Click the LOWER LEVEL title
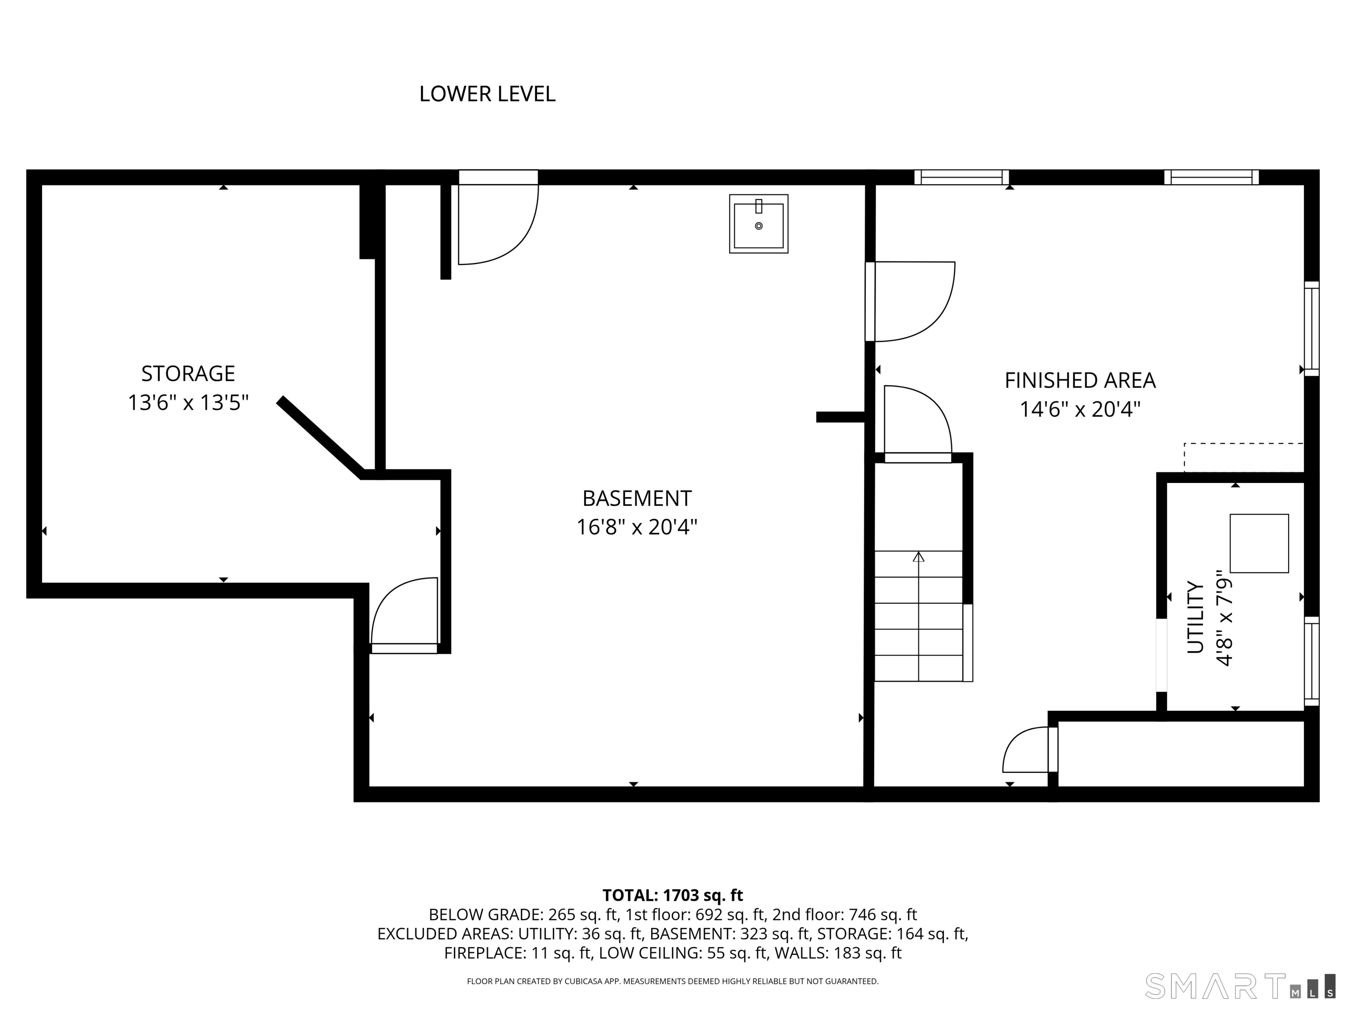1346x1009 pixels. pyautogui.click(x=487, y=94)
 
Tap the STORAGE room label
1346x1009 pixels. pyautogui.click(x=188, y=374)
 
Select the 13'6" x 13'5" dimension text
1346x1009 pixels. pyautogui.click(x=188, y=402)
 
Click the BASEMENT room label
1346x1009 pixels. pyautogui.click(x=637, y=498)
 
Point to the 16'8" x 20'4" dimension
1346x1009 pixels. pyautogui.click(x=637, y=527)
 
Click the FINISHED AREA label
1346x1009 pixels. pyautogui.click(x=1080, y=381)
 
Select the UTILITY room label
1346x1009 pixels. pyautogui.click(x=1196, y=617)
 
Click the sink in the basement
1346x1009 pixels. pyautogui.click(x=759, y=224)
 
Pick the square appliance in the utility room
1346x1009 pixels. pyautogui.click(x=1259, y=543)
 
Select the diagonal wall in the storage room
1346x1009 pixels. pyautogui.click(x=321, y=437)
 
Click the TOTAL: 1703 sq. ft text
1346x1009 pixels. pyautogui.click(x=673, y=895)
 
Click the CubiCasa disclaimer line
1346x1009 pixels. pyautogui.click(x=673, y=981)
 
